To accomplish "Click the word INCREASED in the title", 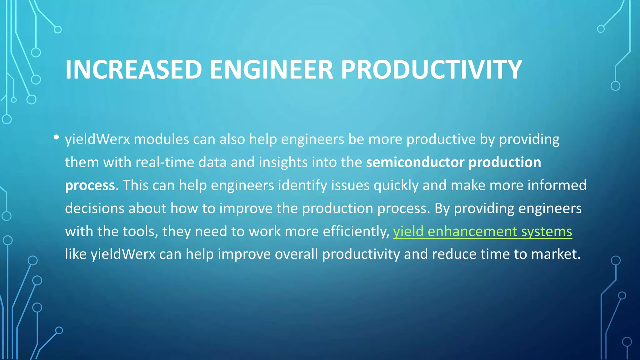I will tap(133, 69).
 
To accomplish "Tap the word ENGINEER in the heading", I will tap(271, 69).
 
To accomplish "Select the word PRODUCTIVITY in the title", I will tap(431, 69).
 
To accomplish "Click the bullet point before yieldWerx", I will tap(56, 137).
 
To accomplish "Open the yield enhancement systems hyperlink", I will tap(482, 232).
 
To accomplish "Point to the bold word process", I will tap(90, 186).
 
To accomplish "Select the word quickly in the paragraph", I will tap(396, 186).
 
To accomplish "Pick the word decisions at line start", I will tap(94, 208).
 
